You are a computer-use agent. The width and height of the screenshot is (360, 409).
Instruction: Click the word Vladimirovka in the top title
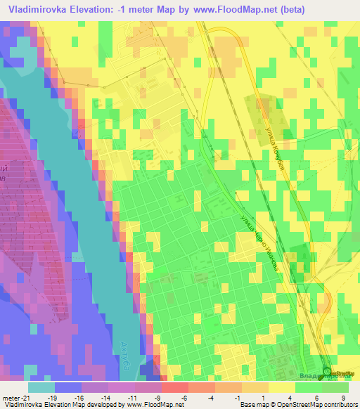point(41,9)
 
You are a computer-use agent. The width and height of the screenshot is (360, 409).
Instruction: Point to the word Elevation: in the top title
point(105,9)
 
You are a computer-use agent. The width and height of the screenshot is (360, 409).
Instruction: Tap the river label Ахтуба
point(128,352)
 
